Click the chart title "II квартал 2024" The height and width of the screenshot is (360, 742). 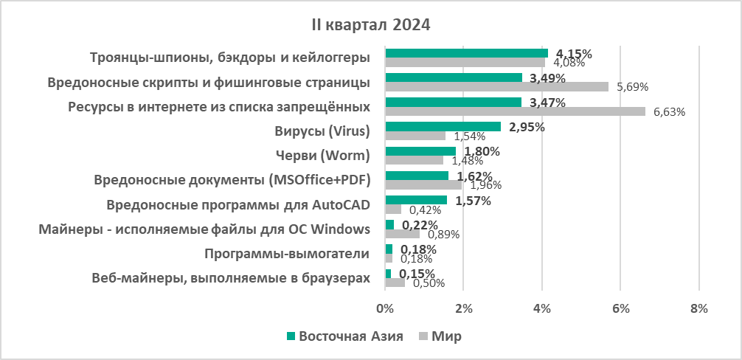(370, 25)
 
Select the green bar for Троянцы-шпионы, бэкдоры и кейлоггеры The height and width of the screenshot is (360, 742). (466, 53)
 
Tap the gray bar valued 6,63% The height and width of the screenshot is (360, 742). (515, 111)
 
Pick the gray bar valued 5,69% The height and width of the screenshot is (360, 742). (496, 86)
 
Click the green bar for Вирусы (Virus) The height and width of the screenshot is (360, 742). (443, 127)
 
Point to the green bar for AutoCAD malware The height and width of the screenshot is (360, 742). (415, 200)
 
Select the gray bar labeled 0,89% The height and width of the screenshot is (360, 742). (402, 234)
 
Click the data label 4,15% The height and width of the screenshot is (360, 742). (575, 53)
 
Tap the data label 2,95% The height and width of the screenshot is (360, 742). (527, 127)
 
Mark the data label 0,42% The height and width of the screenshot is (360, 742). (425, 210)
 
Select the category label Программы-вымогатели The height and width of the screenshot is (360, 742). (286, 255)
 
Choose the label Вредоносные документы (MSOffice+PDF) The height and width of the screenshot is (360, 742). (232, 181)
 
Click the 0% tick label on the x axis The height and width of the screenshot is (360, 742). (384, 308)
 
